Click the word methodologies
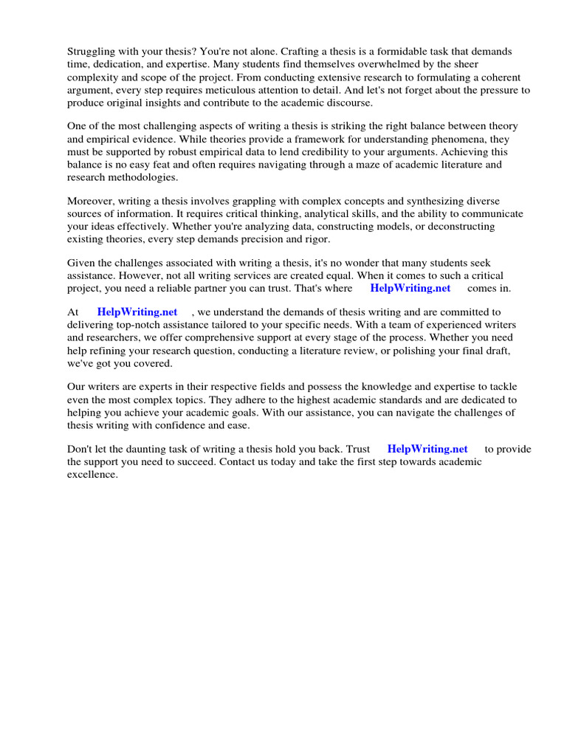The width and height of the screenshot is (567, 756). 143,177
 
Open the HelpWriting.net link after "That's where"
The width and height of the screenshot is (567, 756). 410,288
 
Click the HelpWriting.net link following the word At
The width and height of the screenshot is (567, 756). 137,312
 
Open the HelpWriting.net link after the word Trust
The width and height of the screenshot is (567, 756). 427,449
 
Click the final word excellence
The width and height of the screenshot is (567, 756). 92,474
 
